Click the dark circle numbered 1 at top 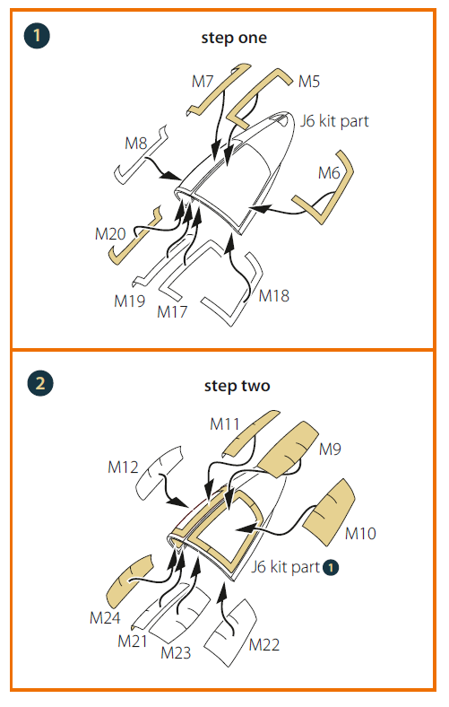tap(37, 36)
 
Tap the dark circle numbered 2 tap(40, 383)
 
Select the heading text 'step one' tap(234, 38)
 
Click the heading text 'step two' tap(237, 386)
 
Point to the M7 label tap(203, 82)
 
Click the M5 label tap(309, 82)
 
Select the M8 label tap(136, 144)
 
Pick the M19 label tap(130, 301)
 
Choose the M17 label tap(172, 312)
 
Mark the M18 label tap(274, 296)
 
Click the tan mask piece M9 tap(289, 449)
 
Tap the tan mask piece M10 tap(330, 511)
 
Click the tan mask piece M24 tap(129, 582)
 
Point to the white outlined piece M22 tap(230, 633)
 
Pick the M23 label tap(176, 653)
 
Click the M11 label tap(224, 424)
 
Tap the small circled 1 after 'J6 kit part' tap(331, 567)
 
